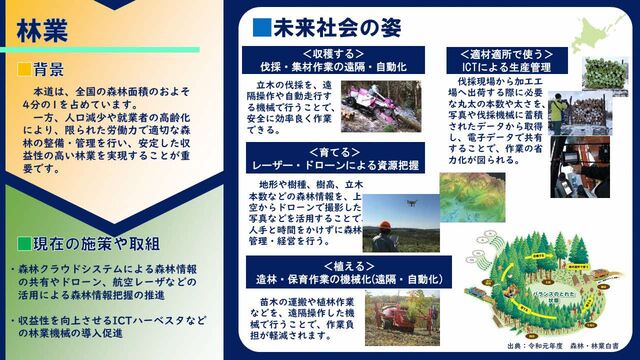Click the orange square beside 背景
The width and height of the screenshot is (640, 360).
tap(23, 70)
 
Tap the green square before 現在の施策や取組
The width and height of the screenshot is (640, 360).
tap(23, 243)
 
